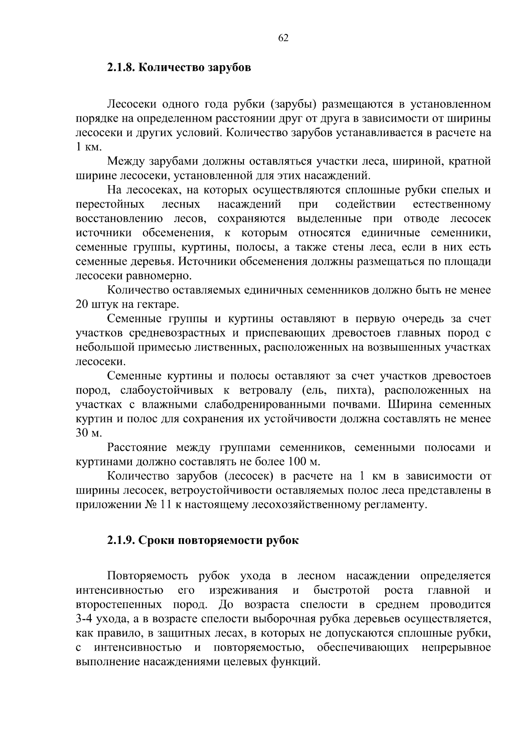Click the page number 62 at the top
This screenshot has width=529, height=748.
(x=283, y=38)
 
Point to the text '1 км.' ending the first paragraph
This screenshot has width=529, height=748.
(x=88, y=147)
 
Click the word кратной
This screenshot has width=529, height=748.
(x=469, y=161)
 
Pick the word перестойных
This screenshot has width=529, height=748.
(x=110, y=205)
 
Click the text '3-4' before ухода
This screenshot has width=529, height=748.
(x=86, y=619)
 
